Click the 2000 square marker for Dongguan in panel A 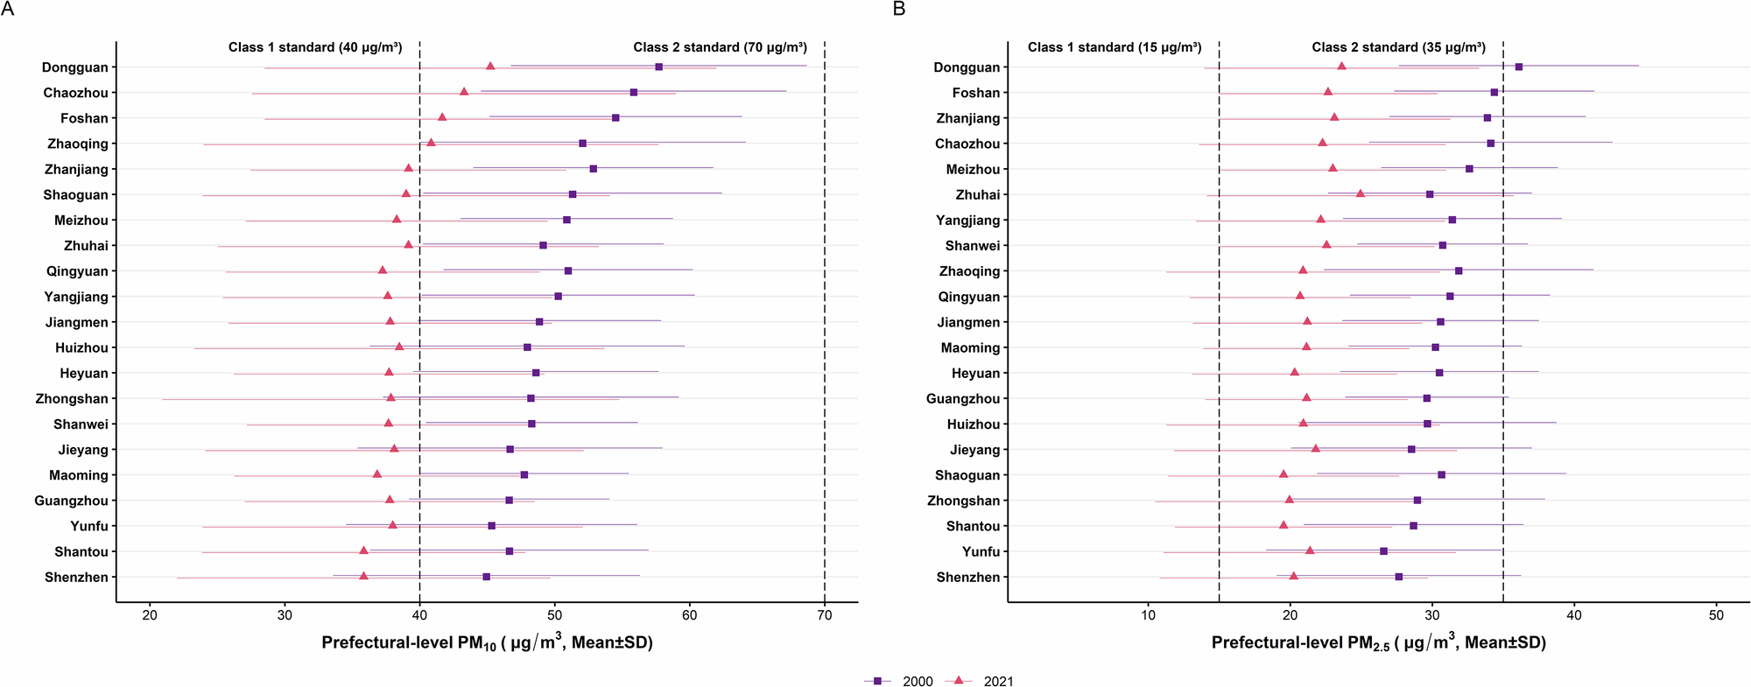[x=658, y=67]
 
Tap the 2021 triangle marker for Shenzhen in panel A [x=363, y=576]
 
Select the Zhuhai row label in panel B [x=977, y=195]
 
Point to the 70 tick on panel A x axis [x=825, y=615]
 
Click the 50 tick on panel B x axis [x=1716, y=615]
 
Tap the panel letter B [x=899, y=10]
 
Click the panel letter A [x=8, y=10]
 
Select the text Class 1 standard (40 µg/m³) [x=315, y=47]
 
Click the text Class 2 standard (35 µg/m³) [x=1398, y=47]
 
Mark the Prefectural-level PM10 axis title [x=487, y=643]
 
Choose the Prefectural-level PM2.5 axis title [x=1378, y=643]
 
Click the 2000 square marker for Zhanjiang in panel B [x=1487, y=118]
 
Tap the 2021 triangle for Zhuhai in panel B [x=1360, y=193]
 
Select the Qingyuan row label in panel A [x=77, y=271]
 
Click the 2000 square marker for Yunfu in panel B [x=1383, y=551]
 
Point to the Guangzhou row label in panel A [x=71, y=501]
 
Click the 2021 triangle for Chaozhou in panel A [x=464, y=92]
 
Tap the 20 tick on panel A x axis [x=150, y=615]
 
